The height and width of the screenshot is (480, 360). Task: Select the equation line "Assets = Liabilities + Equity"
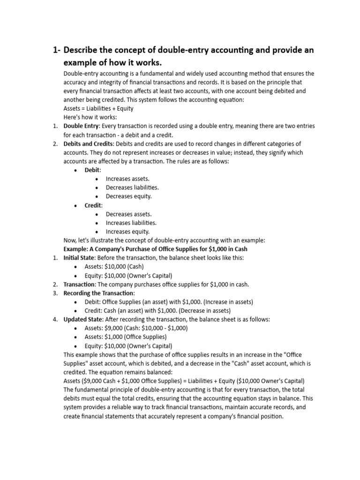click(x=98, y=108)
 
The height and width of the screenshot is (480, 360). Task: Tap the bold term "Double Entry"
click(x=81, y=126)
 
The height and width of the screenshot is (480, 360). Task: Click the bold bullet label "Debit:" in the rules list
click(x=93, y=170)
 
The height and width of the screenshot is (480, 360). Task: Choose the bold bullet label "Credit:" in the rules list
click(x=94, y=205)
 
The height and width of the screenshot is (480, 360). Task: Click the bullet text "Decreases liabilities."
click(x=132, y=187)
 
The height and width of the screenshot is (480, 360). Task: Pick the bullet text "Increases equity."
click(x=127, y=231)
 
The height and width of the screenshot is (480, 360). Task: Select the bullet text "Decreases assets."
click(x=128, y=214)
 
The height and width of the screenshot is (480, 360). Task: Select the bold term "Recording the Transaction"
click(x=98, y=293)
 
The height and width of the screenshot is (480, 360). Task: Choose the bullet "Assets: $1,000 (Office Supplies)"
click(x=126, y=337)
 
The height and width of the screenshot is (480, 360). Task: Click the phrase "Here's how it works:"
click(x=90, y=117)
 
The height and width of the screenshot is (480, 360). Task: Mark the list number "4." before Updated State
click(x=55, y=319)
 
